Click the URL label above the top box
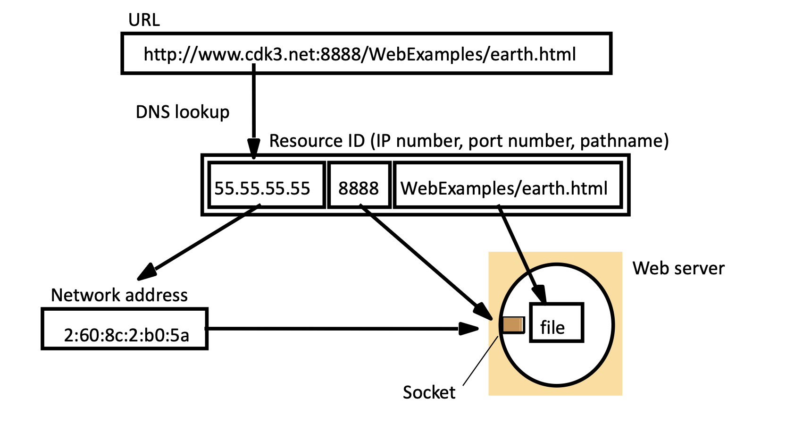[144, 20]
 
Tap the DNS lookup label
[183, 112]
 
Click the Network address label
[119, 295]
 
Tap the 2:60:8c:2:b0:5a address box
[125, 329]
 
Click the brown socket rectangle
[513, 325]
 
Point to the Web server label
[678, 268]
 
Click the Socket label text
[429, 392]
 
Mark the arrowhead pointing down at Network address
[147, 272]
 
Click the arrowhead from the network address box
[469, 328]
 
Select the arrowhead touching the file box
[539, 294]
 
